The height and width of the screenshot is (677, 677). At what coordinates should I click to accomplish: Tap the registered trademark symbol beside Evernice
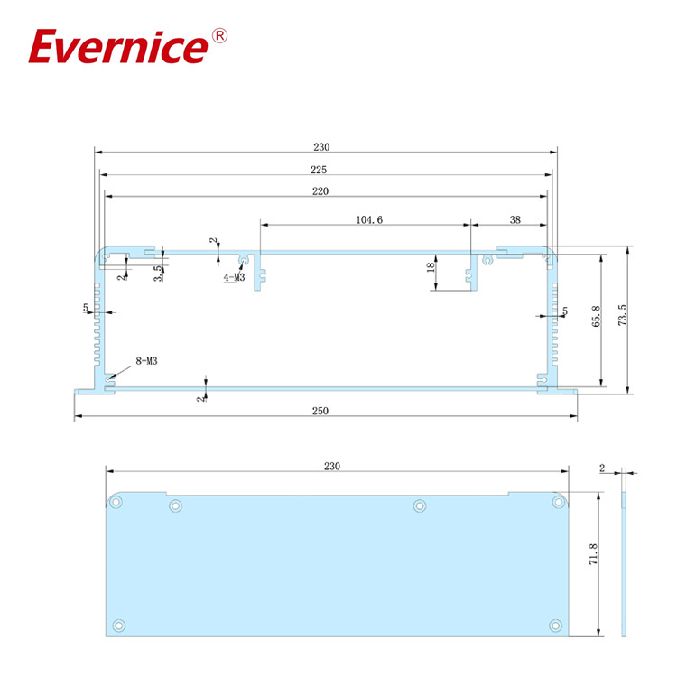coord(219,36)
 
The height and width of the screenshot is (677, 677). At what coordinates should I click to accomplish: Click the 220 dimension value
coord(320,191)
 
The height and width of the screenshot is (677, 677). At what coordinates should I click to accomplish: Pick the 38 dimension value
coord(515,219)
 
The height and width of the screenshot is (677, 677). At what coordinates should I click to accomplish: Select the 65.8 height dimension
coord(595,318)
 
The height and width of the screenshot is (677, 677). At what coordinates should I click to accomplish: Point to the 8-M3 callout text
coord(147,361)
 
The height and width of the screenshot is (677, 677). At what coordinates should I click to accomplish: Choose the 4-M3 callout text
coord(234,278)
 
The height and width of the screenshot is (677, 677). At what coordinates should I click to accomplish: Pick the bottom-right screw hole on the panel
coord(552,624)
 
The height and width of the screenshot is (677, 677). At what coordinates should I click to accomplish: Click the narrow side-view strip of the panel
coord(623,564)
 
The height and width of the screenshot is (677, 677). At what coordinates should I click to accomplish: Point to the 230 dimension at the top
coord(322,147)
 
